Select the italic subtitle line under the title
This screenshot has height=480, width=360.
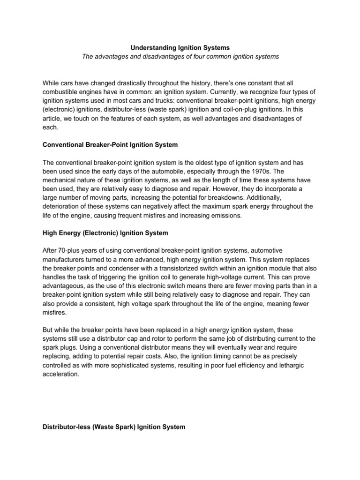(180, 57)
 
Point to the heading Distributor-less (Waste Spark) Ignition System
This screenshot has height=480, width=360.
(114, 427)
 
